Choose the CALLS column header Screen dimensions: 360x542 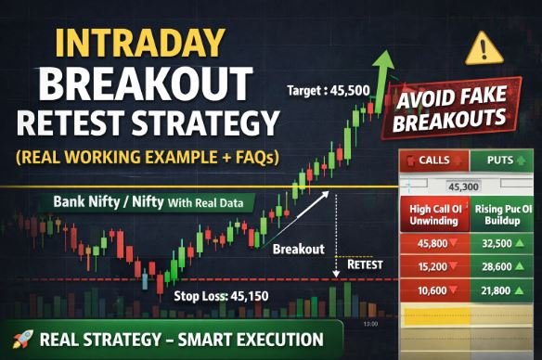[428, 161]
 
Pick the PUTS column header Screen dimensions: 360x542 [503, 161]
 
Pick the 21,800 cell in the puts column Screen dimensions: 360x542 [503, 293]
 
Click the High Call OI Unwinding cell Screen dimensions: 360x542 [431, 216]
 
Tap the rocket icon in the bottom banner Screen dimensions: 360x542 [19, 340]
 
